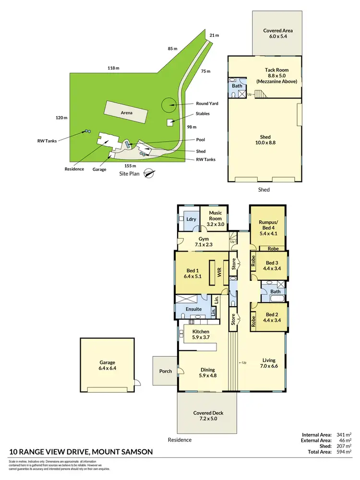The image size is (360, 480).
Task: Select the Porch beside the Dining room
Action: point(165,371)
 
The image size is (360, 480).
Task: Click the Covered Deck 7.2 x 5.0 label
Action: point(208,416)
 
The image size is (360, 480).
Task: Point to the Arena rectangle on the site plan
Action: point(127,113)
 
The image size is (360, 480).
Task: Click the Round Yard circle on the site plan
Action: point(168,104)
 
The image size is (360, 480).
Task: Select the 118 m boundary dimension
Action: point(113,69)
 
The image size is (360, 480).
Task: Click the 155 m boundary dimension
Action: point(124,166)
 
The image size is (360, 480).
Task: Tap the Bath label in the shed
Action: point(237,86)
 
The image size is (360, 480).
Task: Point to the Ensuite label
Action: point(193,309)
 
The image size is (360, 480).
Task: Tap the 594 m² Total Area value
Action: point(345,452)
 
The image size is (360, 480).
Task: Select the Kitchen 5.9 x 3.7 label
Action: point(200,335)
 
